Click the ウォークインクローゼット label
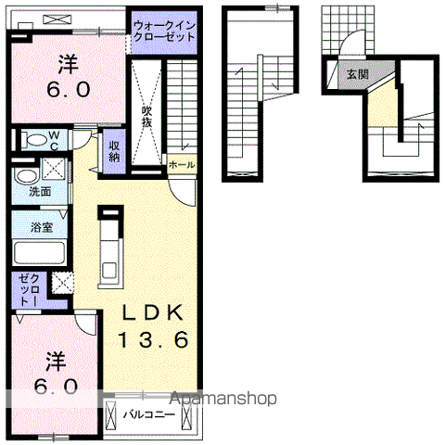click(x=164, y=32)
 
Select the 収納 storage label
click(x=113, y=150)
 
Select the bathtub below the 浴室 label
click(x=38, y=253)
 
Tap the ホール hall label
click(x=182, y=164)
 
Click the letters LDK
click(x=153, y=312)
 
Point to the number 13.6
click(x=153, y=340)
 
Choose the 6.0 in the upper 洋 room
click(x=67, y=91)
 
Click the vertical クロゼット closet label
click(x=29, y=290)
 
